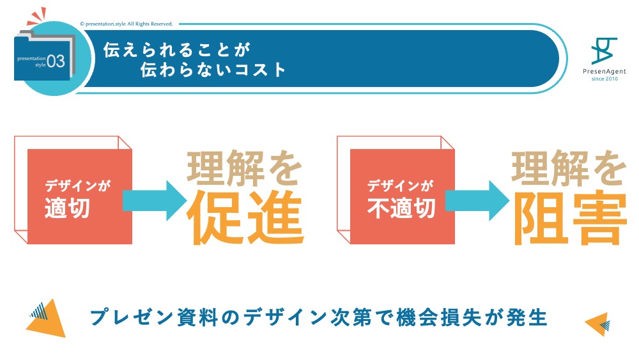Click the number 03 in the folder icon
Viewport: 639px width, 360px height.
tap(56, 61)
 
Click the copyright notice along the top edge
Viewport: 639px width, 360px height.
tap(127, 24)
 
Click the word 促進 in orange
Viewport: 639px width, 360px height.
tap(244, 216)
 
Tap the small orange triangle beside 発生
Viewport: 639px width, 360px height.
tap(597, 324)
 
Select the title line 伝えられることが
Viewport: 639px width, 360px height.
tap(176, 49)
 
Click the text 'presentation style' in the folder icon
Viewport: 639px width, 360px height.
tap(31, 61)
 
